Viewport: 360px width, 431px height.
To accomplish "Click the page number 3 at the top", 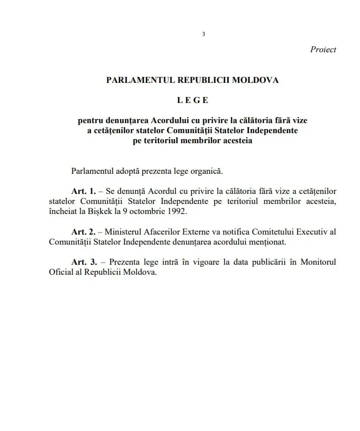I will click(203, 34).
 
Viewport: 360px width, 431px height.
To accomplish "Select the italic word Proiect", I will click(323, 50).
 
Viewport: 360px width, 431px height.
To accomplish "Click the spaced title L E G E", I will click(192, 100).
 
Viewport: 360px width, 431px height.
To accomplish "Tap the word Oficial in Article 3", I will click(61, 272).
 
